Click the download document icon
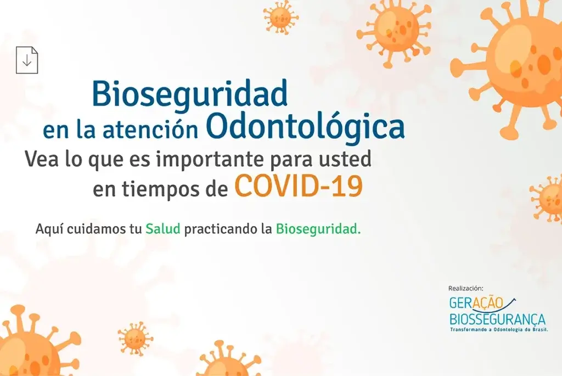[27, 60]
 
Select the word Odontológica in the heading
[305, 127]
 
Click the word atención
[150, 130]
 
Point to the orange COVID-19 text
[299, 187]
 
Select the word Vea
[41, 160]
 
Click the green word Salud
[162, 229]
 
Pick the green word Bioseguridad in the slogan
[318, 229]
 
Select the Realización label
[465, 288]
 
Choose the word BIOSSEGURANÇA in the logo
[497, 319]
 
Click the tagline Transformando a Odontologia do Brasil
[498, 329]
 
